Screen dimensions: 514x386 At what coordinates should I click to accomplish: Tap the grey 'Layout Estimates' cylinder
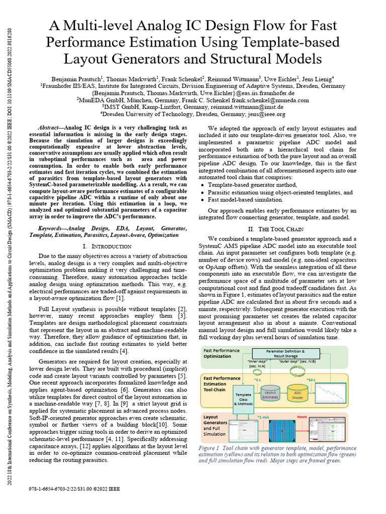270,395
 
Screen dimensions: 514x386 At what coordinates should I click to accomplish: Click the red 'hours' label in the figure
302,417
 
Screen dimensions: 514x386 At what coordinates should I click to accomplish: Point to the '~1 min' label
263,417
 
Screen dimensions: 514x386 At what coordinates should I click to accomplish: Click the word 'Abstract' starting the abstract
52,128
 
